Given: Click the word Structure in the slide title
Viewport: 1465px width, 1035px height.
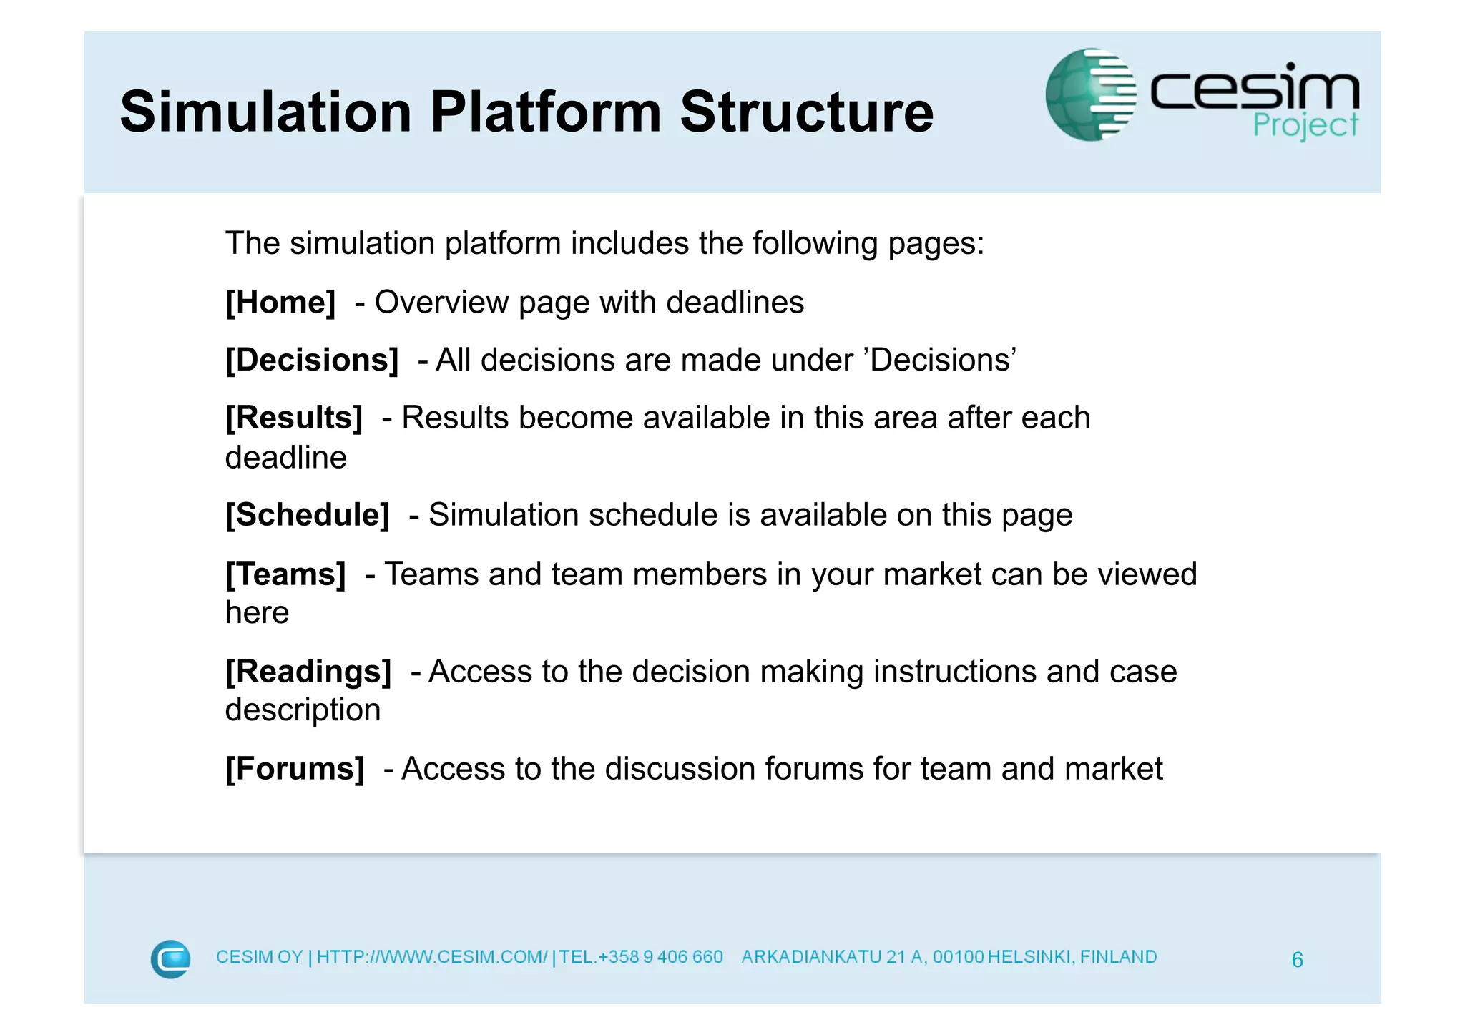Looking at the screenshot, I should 806,112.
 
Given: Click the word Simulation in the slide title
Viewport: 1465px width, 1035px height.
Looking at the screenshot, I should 265,112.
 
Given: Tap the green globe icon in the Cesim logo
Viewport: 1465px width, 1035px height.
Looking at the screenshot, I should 1089,94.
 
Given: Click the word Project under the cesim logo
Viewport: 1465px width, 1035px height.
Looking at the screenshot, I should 1305,126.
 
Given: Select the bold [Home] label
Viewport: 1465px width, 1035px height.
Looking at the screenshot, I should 280,303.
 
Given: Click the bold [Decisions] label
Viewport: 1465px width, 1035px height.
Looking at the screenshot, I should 312,360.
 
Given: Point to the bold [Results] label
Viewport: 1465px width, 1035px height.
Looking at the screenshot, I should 294,418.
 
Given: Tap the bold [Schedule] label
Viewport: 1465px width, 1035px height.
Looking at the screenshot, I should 308,515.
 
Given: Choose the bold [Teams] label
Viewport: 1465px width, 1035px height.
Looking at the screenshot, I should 285,574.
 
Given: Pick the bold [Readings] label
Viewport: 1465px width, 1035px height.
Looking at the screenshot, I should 308,672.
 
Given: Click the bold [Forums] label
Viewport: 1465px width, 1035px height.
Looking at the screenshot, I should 295,769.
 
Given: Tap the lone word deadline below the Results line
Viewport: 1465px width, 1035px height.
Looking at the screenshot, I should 285,458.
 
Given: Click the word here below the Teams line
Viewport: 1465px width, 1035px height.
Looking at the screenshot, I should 257,613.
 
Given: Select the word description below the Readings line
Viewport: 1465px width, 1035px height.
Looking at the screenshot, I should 303,710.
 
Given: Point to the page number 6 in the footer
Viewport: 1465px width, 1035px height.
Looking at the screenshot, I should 1297,959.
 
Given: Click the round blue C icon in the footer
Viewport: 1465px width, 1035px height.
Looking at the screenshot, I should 170,958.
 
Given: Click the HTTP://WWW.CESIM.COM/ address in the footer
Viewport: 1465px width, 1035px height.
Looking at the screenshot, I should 431,957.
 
